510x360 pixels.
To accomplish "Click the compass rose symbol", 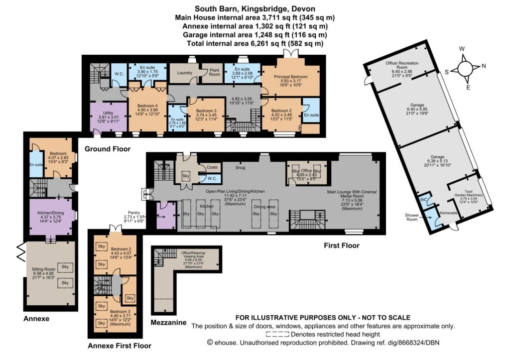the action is tap(465, 68).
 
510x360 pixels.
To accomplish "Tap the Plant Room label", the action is tap(214, 72).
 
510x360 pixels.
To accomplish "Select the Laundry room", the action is tap(184, 73).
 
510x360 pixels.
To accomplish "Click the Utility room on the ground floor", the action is tap(108, 117).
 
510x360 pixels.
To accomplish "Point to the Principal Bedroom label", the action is tap(290, 77).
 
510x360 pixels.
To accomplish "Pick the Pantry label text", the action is tap(133, 213).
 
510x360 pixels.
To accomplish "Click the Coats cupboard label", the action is tap(212, 167).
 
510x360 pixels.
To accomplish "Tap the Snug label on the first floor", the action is tap(241, 167).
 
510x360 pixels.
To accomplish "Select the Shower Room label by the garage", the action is tap(412, 217).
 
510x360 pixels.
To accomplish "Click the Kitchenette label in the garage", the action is tap(448, 213).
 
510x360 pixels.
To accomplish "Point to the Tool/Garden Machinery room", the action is tap(468, 195).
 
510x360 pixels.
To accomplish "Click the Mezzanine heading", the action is tap(168, 323).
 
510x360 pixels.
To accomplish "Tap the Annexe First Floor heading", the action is tap(120, 346).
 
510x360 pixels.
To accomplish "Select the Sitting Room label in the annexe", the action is tap(44, 269).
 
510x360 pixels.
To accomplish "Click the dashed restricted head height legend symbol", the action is tap(277, 334).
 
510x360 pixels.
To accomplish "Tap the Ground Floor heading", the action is tap(108, 149).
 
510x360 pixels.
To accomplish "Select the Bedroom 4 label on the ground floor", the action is tap(147, 106).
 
